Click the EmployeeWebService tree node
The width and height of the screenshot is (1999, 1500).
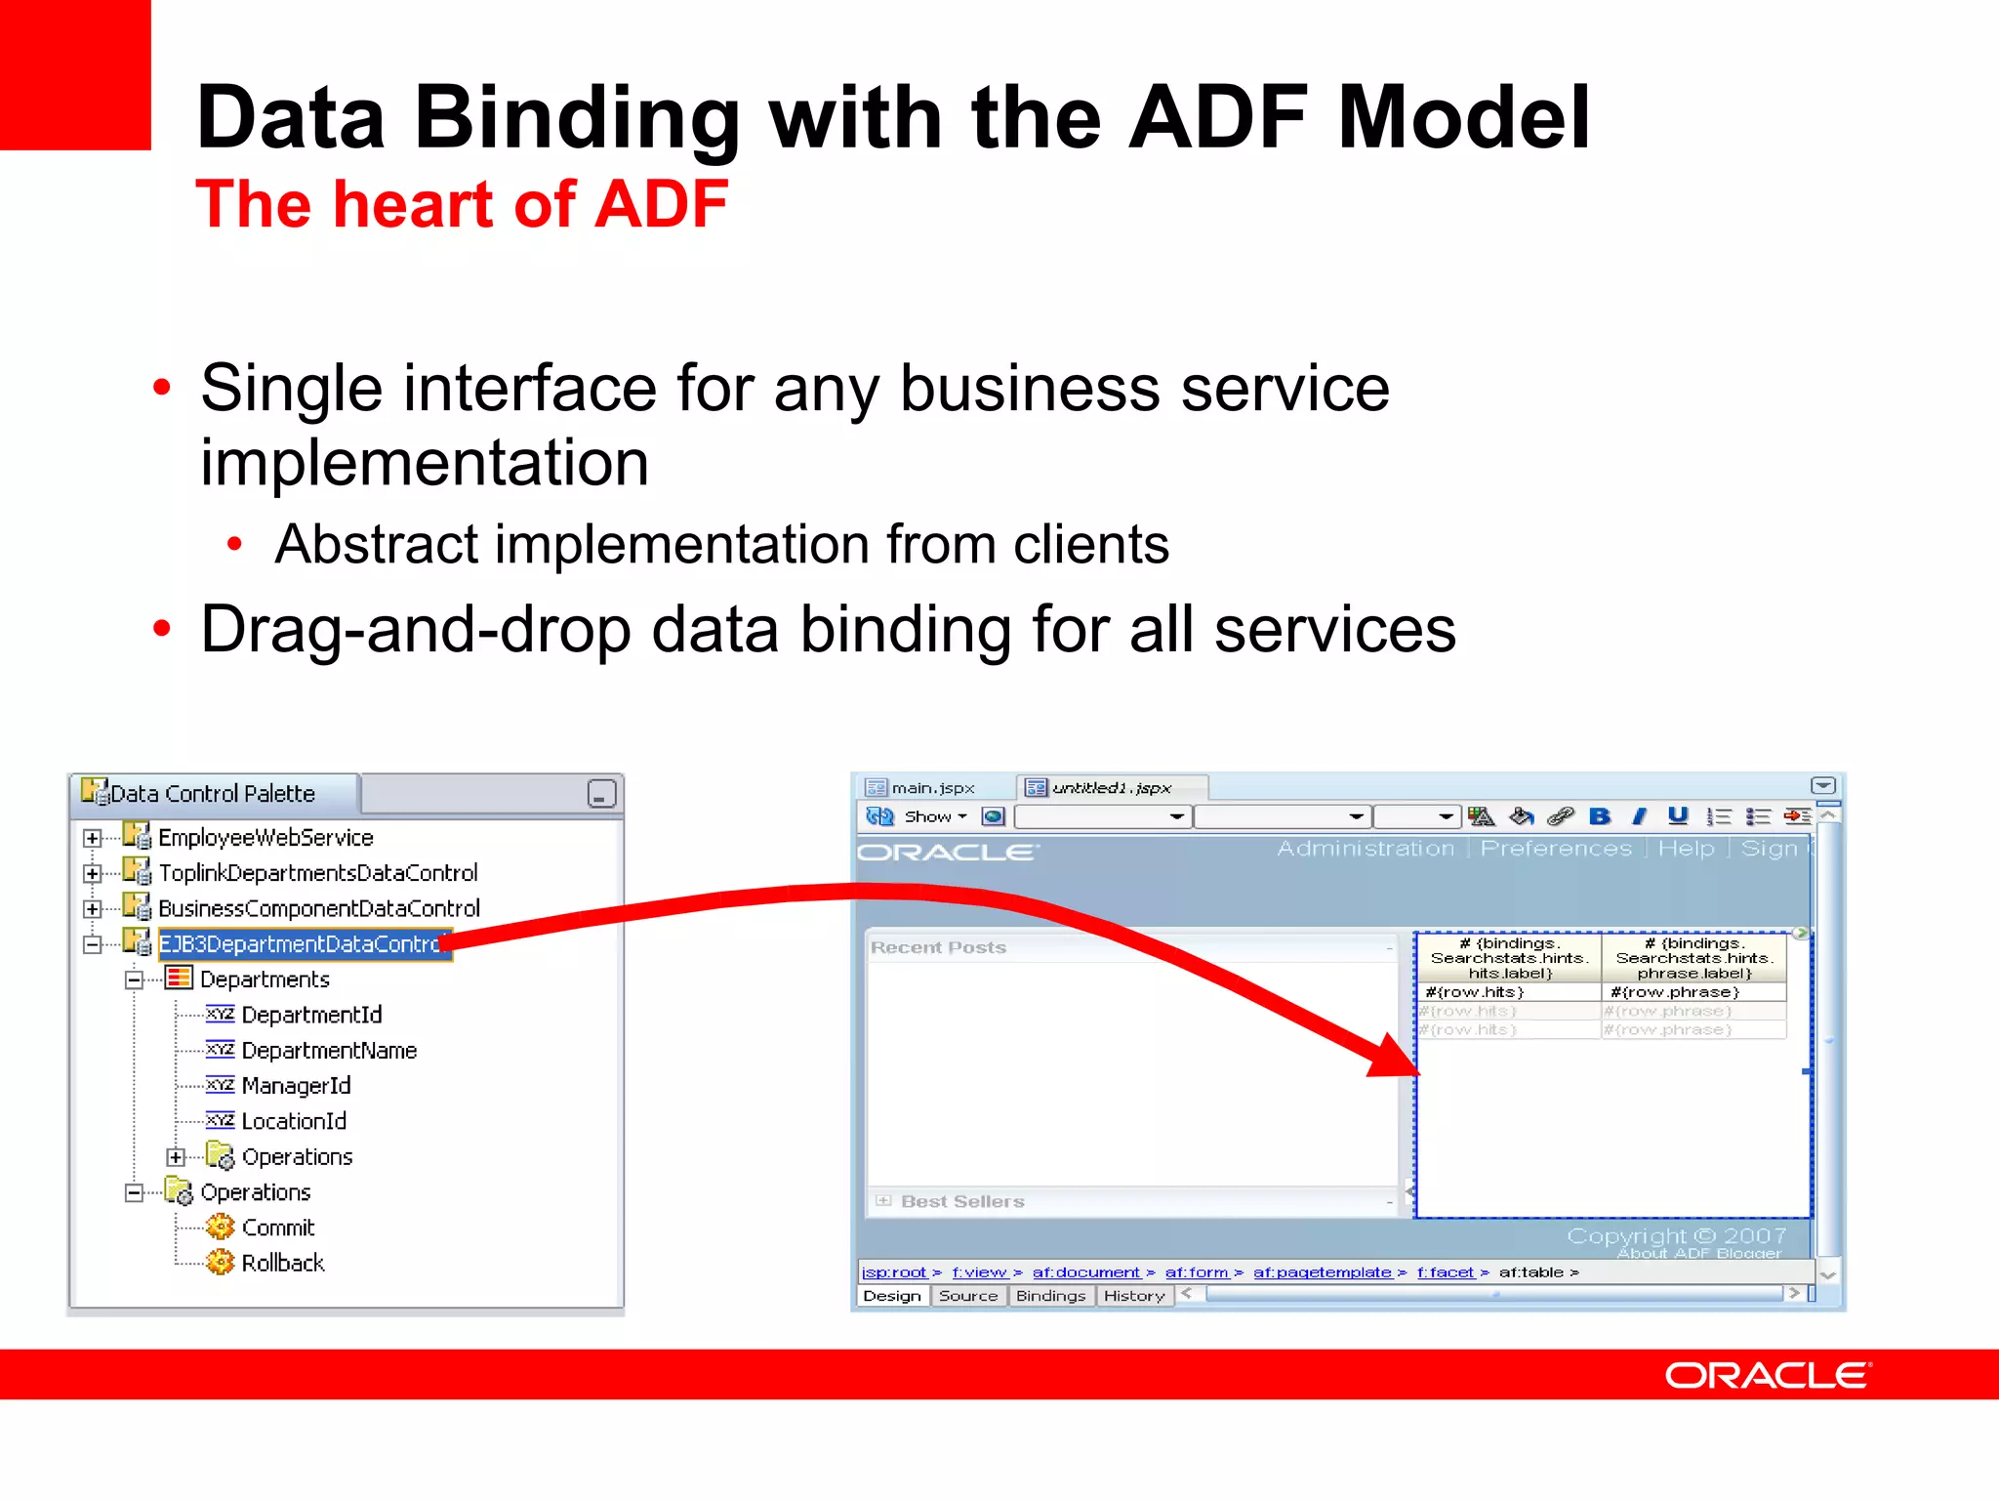265,838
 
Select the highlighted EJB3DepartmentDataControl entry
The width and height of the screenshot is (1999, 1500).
303,944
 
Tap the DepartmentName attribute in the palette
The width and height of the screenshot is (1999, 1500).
329,1051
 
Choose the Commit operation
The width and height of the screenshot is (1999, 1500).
277,1228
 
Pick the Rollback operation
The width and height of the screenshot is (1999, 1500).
282,1264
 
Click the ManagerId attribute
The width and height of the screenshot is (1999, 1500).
296,1086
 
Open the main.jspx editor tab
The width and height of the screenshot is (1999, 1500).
932,788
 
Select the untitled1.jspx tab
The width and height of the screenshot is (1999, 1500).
1111,788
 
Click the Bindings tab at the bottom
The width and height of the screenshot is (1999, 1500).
1050,1296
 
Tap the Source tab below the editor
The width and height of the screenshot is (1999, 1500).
968,1296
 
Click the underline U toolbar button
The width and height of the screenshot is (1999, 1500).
1678,816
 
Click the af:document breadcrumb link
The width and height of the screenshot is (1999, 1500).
1085,1272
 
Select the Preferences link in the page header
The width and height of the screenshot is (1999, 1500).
1556,849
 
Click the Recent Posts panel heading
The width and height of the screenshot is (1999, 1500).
938,947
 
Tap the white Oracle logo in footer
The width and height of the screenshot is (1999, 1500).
1768,1376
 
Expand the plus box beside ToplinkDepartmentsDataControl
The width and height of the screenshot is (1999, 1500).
93,873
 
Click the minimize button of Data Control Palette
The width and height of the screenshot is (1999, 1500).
601,794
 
